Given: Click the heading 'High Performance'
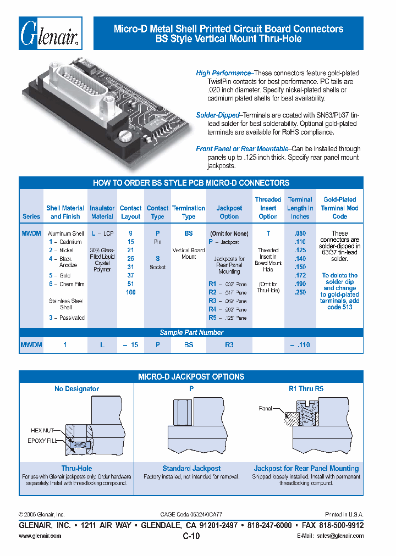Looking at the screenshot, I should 223,73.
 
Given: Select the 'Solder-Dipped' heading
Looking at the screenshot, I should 218,115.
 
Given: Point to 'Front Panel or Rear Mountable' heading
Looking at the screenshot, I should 242,149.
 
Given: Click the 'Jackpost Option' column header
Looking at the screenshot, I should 229,212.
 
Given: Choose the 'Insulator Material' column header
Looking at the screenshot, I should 102,212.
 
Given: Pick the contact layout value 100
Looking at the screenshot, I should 130,292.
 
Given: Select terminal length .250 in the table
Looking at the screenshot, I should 300,292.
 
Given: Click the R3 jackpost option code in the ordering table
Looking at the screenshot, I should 213,301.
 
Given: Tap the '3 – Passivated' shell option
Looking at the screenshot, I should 67,318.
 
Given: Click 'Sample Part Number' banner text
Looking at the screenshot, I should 191,332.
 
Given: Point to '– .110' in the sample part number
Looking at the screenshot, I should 300,345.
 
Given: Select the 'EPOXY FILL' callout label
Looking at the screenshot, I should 42,441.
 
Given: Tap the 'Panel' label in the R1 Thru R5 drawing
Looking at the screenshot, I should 266,408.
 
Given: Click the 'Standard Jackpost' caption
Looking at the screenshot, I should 191,469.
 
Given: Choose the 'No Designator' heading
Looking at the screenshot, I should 76,389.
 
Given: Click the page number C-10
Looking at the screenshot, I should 191,537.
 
